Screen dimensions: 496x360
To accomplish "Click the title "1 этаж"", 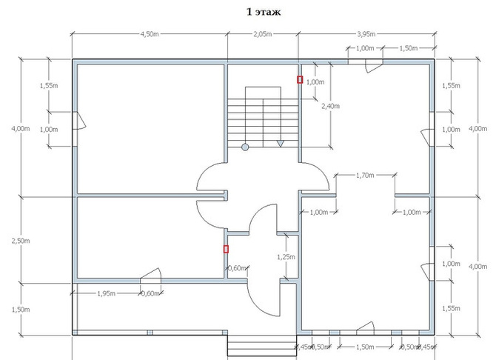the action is pos(264,12).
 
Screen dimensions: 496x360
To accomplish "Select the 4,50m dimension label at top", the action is pos(150,34).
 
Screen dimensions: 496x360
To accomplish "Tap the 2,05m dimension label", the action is pos(263,34).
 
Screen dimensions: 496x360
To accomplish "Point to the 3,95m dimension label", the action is pos(366,34).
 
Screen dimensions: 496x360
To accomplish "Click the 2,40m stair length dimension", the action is pos(331,106).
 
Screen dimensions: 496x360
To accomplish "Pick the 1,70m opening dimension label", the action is pos(365,175).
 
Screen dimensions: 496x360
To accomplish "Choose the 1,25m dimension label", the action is pos(286,257).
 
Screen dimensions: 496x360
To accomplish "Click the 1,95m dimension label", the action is pos(106,293).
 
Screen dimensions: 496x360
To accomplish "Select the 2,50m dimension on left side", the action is pos(21,241).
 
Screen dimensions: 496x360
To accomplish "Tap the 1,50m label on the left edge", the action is pos(21,310).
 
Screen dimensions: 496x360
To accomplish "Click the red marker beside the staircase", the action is pos(300,80).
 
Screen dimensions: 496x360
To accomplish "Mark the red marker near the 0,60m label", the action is pos(226,249).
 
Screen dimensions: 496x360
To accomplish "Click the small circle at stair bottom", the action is pos(245,147).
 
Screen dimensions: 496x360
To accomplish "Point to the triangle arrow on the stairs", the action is pos(281,144).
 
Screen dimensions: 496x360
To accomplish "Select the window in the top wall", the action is pos(366,61).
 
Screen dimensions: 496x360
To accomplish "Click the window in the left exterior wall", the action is pos(75,129).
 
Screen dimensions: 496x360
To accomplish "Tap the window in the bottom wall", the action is pos(366,333).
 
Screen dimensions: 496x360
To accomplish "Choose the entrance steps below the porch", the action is pos(262,346).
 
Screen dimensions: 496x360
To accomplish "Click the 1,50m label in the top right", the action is pos(409,48).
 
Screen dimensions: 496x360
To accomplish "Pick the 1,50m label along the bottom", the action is pos(365,347).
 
